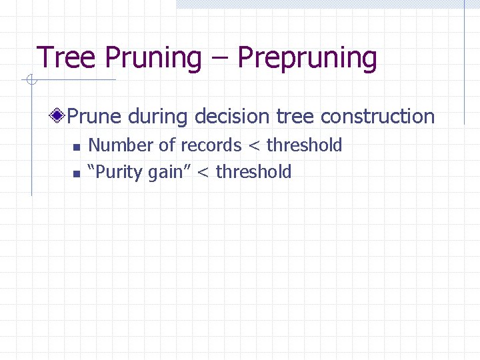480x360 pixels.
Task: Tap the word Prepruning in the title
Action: tap(307, 58)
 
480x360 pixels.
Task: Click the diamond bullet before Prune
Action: tap(60, 117)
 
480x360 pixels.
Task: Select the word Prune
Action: tap(95, 117)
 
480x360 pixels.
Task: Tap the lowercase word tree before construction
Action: tap(295, 117)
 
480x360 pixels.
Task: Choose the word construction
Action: tap(377, 117)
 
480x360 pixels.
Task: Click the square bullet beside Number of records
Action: tap(77, 147)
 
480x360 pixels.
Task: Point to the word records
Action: tap(211, 145)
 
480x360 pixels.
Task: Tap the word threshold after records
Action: tap(304, 145)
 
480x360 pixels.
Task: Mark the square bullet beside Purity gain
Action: tap(77, 173)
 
